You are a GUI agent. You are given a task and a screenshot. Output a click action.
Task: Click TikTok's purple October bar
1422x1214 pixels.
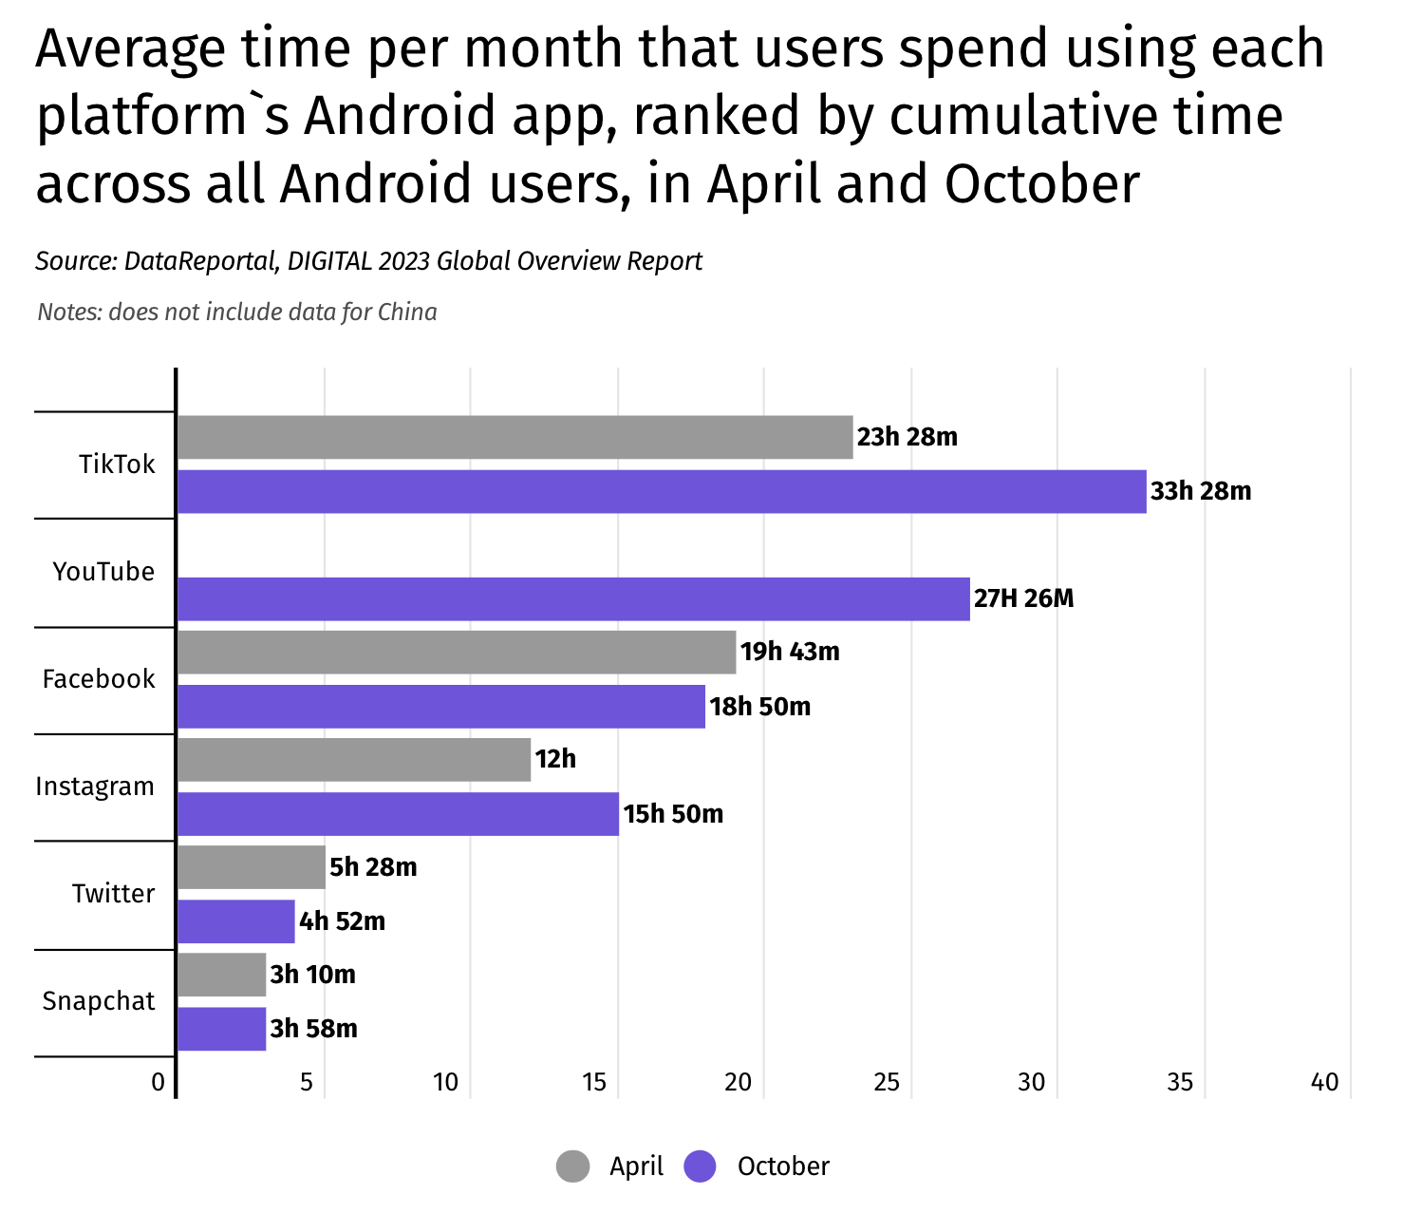(662, 492)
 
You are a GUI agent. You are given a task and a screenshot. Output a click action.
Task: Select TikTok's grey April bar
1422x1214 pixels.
(515, 437)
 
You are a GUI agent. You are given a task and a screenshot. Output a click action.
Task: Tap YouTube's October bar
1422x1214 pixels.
(573, 599)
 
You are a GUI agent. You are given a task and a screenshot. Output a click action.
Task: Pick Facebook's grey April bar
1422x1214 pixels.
(456, 653)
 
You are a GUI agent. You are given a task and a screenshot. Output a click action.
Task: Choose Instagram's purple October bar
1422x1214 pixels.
(398, 814)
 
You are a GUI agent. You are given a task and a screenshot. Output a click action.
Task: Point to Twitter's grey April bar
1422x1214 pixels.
(252, 867)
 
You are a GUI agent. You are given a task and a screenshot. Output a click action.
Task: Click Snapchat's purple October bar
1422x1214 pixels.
(221, 1029)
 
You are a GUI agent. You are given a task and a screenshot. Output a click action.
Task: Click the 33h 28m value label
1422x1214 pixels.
(1201, 492)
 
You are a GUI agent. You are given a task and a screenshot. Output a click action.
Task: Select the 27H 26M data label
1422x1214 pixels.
(1023, 599)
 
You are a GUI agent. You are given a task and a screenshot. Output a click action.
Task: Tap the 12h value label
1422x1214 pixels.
(555, 760)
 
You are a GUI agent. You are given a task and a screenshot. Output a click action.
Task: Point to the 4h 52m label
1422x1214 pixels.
(342, 922)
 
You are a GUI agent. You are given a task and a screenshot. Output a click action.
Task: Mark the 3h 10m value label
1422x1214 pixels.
(312, 976)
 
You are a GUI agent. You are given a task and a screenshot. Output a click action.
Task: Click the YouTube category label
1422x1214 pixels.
(103, 572)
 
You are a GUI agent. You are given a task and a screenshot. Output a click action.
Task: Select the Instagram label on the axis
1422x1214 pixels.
(95, 787)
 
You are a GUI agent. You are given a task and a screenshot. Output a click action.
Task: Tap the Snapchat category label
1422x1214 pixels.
(99, 1001)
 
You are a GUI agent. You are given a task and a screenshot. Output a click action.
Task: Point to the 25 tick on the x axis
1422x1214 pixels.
(887, 1083)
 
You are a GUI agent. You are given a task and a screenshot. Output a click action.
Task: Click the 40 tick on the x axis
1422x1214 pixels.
(1325, 1083)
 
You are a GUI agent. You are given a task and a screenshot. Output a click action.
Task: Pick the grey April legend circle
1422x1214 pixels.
(573, 1167)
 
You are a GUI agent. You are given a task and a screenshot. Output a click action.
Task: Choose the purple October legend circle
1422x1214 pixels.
(701, 1167)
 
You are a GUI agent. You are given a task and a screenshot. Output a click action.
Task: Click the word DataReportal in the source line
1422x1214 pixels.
(198, 261)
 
